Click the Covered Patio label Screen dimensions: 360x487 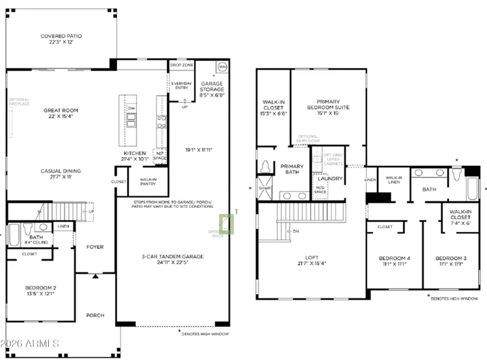tap(61, 36)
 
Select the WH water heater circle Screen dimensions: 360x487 tap(221, 67)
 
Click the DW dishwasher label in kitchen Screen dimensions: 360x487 tap(130, 108)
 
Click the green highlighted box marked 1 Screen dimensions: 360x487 tap(227, 224)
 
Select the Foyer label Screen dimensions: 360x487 tap(95, 247)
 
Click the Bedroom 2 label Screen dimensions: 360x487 tap(40, 287)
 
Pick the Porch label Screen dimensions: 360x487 tap(95, 315)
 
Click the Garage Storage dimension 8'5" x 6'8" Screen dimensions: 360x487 tap(212, 95)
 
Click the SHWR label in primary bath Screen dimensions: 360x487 tap(265, 188)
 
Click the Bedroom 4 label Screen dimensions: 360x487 tap(394, 258)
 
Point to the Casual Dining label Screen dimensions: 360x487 tap(61, 171)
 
